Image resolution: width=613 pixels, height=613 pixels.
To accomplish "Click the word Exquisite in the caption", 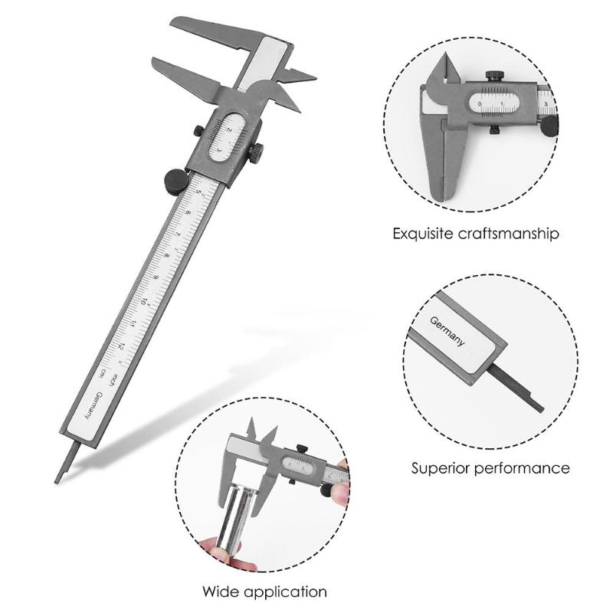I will coord(424,233).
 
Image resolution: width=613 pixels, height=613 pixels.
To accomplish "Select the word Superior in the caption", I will coord(441,467).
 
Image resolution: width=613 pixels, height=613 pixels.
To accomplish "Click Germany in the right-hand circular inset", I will coord(447,334).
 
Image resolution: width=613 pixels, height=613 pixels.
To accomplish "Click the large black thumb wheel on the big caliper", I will coord(173,179).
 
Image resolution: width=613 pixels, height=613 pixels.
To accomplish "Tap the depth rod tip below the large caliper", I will coord(59,477).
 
